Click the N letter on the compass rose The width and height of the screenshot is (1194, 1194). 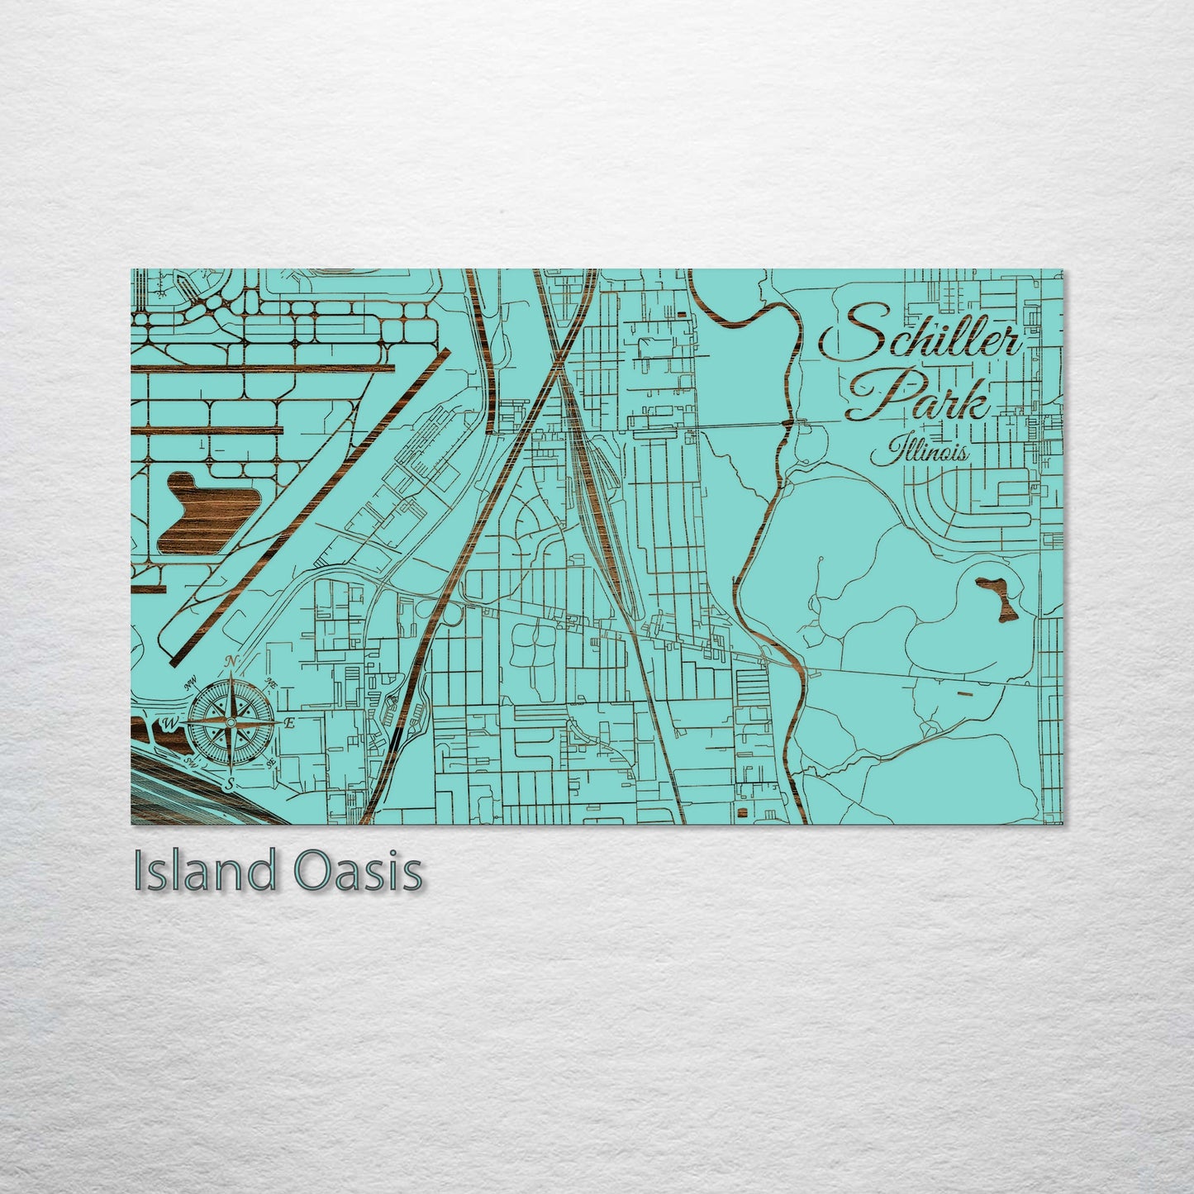click(x=232, y=661)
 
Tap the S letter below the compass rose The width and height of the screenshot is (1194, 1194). click(x=231, y=783)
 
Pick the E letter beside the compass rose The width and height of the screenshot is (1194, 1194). click(x=289, y=723)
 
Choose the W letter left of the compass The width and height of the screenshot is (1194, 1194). click(x=170, y=724)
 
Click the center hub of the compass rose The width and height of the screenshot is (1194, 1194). click(x=231, y=723)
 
